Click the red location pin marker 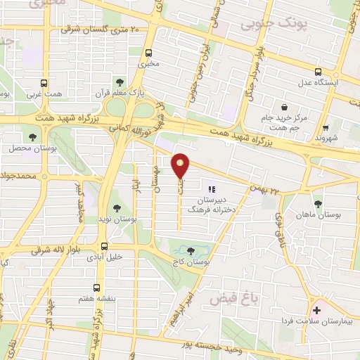(x=181, y=167)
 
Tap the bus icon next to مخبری (x=148, y=53)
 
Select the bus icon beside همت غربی (x=45, y=82)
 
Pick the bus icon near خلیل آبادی (x=104, y=246)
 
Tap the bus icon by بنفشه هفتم (x=97, y=288)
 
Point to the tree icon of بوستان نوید (x=116, y=209)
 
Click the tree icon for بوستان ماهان (x=319, y=204)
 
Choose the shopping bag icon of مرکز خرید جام (x=283, y=108)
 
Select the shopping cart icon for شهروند (x=325, y=128)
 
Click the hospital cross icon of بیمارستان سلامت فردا (x=316, y=310)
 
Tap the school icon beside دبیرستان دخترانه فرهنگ (x=212, y=188)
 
